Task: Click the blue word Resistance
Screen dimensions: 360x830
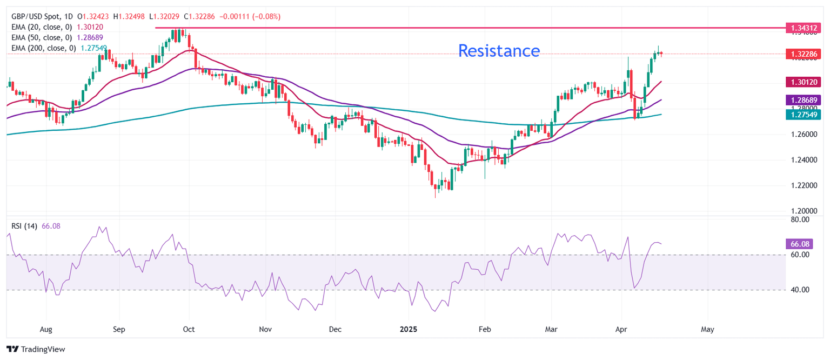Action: [499, 51]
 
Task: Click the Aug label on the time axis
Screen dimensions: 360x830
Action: [46, 329]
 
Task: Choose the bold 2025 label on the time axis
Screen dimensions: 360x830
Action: [409, 329]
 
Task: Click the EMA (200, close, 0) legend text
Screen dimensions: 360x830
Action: [44, 48]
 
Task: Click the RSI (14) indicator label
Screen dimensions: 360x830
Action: [25, 226]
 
